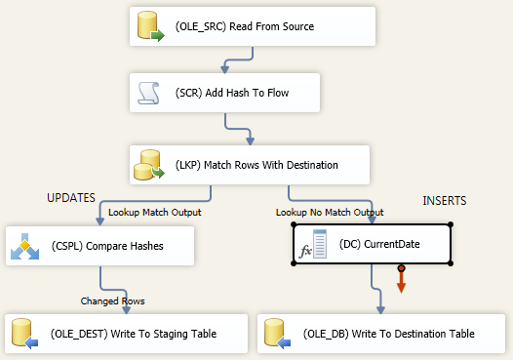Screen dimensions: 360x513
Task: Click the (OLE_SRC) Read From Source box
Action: pos(252,26)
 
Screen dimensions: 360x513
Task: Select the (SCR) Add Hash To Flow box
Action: pos(252,94)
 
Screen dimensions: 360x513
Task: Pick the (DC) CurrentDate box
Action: pos(372,244)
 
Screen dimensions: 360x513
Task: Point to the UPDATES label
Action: pos(71,198)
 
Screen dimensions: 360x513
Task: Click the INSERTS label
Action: pos(445,201)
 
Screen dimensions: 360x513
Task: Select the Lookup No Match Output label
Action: pos(330,212)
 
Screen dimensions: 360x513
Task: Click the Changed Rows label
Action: pos(112,300)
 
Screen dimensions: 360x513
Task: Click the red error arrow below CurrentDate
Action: pos(401,280)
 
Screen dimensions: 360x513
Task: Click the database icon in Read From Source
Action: pos(151,27)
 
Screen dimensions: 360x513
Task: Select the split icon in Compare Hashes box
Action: pos(24,246)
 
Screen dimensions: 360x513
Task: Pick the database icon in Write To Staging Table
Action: pos(25,335)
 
